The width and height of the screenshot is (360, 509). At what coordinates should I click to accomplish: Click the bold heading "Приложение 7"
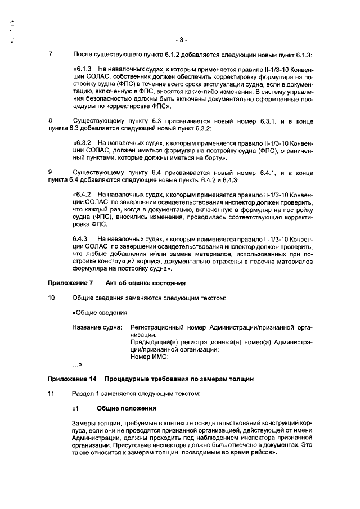(70, 282)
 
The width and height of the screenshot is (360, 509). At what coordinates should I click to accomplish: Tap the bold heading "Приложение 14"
(71, 379)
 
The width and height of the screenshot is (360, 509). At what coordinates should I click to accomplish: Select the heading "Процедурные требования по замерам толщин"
(179, 379)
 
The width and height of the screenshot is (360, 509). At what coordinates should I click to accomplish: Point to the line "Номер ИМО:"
(150, 356)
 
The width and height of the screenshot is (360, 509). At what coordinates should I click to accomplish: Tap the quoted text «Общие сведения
(100, 312)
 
